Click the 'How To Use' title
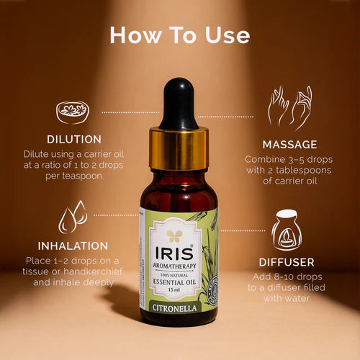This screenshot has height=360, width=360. [x=180, y=35]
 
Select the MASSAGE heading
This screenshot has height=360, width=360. [x=289, y=144]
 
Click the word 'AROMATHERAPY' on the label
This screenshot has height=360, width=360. [x=176, y=266]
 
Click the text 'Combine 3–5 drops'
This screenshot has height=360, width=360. [x=289, y=159]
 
